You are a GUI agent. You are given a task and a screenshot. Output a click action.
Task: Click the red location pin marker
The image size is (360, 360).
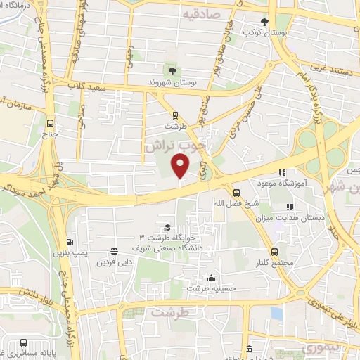[x=181, y=166]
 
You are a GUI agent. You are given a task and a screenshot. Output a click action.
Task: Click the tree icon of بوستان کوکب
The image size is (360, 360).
[x=264, y=22]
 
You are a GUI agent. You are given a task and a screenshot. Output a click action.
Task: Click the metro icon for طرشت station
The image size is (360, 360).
[x=174, y=116]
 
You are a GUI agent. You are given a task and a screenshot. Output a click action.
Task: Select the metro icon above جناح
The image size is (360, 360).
[x=49, y=121]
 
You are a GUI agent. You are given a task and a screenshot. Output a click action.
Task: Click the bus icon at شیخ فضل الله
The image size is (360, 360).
[x=235, y=191]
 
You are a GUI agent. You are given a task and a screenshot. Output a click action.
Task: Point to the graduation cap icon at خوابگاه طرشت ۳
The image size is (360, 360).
[x=167, y=227]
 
